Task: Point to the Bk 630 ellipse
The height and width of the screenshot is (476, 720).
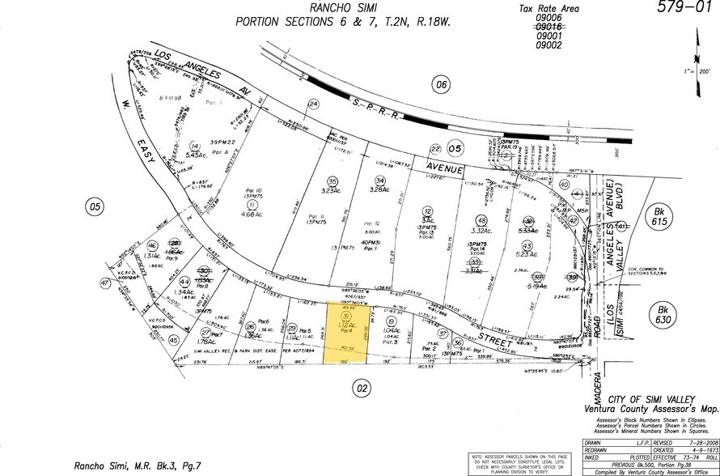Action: [665, 315]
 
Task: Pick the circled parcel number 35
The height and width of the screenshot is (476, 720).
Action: [332, 181]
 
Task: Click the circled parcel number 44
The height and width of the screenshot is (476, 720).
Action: [184, 282]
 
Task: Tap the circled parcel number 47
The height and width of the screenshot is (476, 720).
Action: [104, 283]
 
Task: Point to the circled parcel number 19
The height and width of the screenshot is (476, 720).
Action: [392, 323]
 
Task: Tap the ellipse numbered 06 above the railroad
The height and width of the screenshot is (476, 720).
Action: [440, 84]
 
